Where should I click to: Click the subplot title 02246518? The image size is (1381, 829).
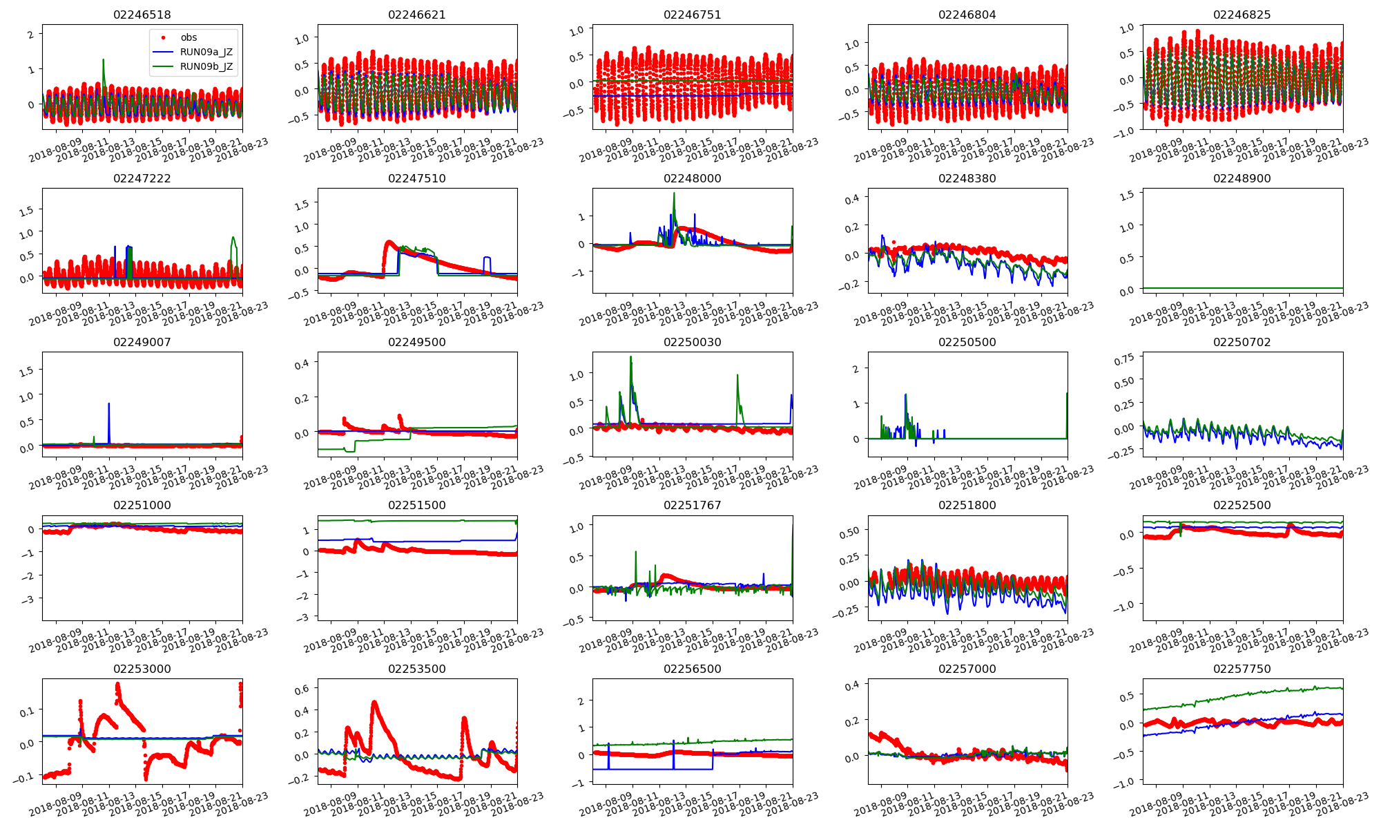pos(142,15)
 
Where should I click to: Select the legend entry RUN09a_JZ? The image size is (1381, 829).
pos(206,52)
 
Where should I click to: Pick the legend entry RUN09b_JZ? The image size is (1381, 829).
pos(206,67)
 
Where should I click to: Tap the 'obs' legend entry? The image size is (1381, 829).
pos(189,37)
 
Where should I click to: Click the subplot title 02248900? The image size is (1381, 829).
pos(1242,178)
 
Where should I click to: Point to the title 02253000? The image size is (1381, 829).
pos(142,669)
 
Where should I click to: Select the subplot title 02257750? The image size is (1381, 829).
pos(1242,669)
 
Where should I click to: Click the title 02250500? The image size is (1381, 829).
pos(967,342)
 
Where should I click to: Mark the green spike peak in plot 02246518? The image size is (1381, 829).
pos(103,60)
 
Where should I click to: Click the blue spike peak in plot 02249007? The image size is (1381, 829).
pos(109,403)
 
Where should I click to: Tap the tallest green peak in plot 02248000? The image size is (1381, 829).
pos(674,193)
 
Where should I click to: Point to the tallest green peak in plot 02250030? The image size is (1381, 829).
pos(630,357)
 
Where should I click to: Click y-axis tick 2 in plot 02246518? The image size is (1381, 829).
pos(30,35)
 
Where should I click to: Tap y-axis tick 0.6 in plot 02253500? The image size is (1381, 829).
pos(302,689)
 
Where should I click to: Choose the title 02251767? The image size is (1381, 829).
pos(692,505)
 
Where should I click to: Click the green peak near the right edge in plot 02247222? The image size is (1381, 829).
pos(233,238)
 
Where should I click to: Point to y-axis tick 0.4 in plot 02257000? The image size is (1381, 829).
pos(852,685)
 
